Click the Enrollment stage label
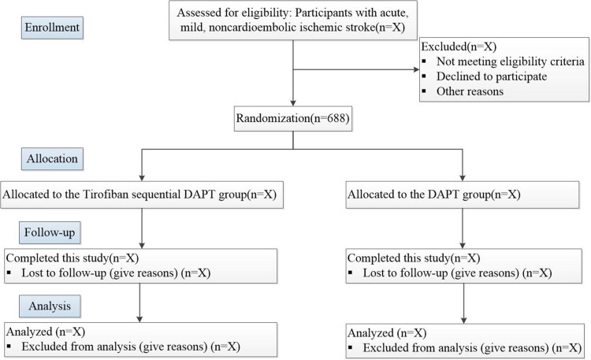[52, 28]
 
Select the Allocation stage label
[52, 158]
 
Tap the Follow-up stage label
[50, 232]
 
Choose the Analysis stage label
[50, 306]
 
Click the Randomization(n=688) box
[293, 119]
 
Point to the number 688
[334, 118]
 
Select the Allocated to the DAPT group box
[463, 195]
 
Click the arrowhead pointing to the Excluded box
[417, 69]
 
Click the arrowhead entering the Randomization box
[293, 103]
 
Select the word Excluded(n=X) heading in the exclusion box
[459, 46]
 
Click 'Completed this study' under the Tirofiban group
[58, 258]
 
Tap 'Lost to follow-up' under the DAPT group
[405, 273]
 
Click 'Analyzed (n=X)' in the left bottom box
[46, 332]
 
